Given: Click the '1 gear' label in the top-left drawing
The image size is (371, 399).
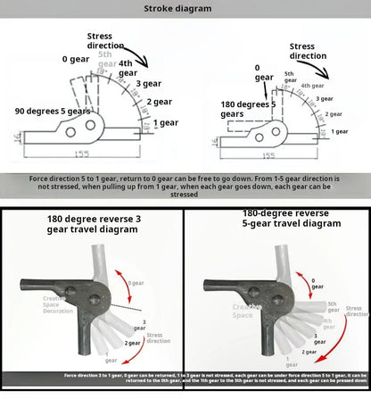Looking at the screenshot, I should click(x=164, y=122).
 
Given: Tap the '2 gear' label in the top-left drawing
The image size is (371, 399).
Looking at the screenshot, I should click(x=159, y=102).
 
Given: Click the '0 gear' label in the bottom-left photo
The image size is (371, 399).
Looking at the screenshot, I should click(x=135, y=283).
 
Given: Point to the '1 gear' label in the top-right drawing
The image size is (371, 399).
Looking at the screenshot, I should click(x=340, y=131).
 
